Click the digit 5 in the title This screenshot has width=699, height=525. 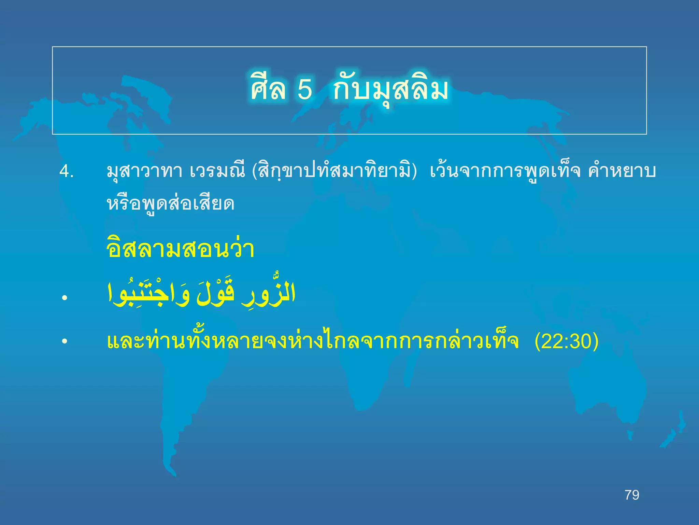(x=305, y=90)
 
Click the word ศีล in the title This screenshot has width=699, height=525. (x=268, y=90)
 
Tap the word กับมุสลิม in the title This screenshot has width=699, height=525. (x=391, y=90)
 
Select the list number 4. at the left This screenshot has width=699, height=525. (x=67, y=172)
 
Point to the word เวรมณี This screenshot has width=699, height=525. (x=217, y=172)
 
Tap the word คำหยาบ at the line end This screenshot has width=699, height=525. (x=622, y=172)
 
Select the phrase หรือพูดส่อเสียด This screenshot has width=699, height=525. (x=170, y=204)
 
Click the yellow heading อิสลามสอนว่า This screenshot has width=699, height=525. (x=180, y=250)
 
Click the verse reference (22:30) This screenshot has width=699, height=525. (x=567, y=341)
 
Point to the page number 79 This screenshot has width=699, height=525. (x=632, y=495)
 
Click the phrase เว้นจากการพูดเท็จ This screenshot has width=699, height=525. (x=505, y=172)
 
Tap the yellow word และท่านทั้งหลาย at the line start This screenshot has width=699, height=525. (x=177, y=341)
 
